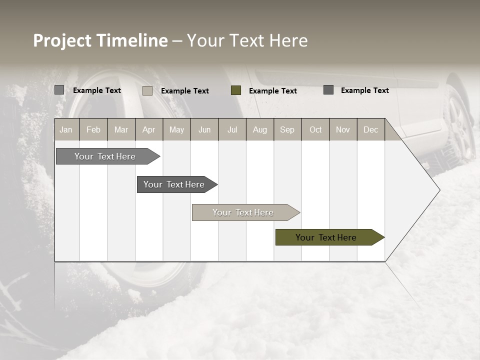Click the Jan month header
(66, 129)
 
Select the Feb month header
(93, 129)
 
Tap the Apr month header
(149, 129)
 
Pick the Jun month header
(204, 129)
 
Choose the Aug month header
(260, 129)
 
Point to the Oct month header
(315, 129)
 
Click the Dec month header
(371, 129)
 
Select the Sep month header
(287, 129)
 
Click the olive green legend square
(236, 90)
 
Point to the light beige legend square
(147, 90)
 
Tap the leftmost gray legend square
(59, 90)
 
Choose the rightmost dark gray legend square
(328, 90)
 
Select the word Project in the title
(62, 40)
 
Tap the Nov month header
(343, 129)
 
